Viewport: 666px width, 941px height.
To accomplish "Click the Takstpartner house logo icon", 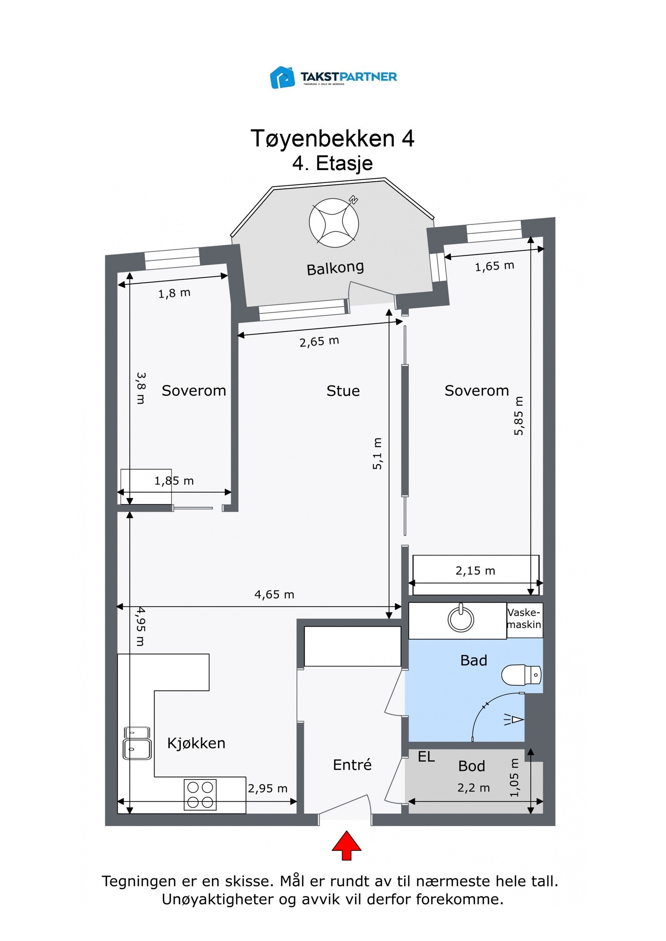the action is tap(282, 77).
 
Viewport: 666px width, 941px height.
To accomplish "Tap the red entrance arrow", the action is tap(346, 845).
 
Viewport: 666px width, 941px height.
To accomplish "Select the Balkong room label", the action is tap(335, 268).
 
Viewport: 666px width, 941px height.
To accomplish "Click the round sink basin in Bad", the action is tap(460, 619).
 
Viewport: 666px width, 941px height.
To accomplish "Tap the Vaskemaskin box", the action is tap(524, 620).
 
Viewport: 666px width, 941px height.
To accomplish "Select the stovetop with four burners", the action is tap(200, 795).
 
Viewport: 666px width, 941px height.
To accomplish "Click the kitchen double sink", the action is tap(137, 743).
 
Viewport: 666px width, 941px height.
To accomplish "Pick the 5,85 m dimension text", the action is tap(518, 416).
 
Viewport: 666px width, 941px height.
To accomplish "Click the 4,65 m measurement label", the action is tap(274, 595).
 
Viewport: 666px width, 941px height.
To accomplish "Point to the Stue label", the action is tap(343, 391).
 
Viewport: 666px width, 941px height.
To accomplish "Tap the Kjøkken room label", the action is tap(196, 743).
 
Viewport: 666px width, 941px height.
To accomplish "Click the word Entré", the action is tap(352, 765).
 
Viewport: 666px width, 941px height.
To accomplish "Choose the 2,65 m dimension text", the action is tap(319, 341).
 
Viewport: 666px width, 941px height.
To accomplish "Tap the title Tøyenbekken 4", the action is tap(333, 138).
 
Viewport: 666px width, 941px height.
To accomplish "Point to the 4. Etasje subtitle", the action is tap(333, 163).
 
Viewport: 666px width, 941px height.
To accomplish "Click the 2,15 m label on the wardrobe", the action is tap(475, 571).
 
